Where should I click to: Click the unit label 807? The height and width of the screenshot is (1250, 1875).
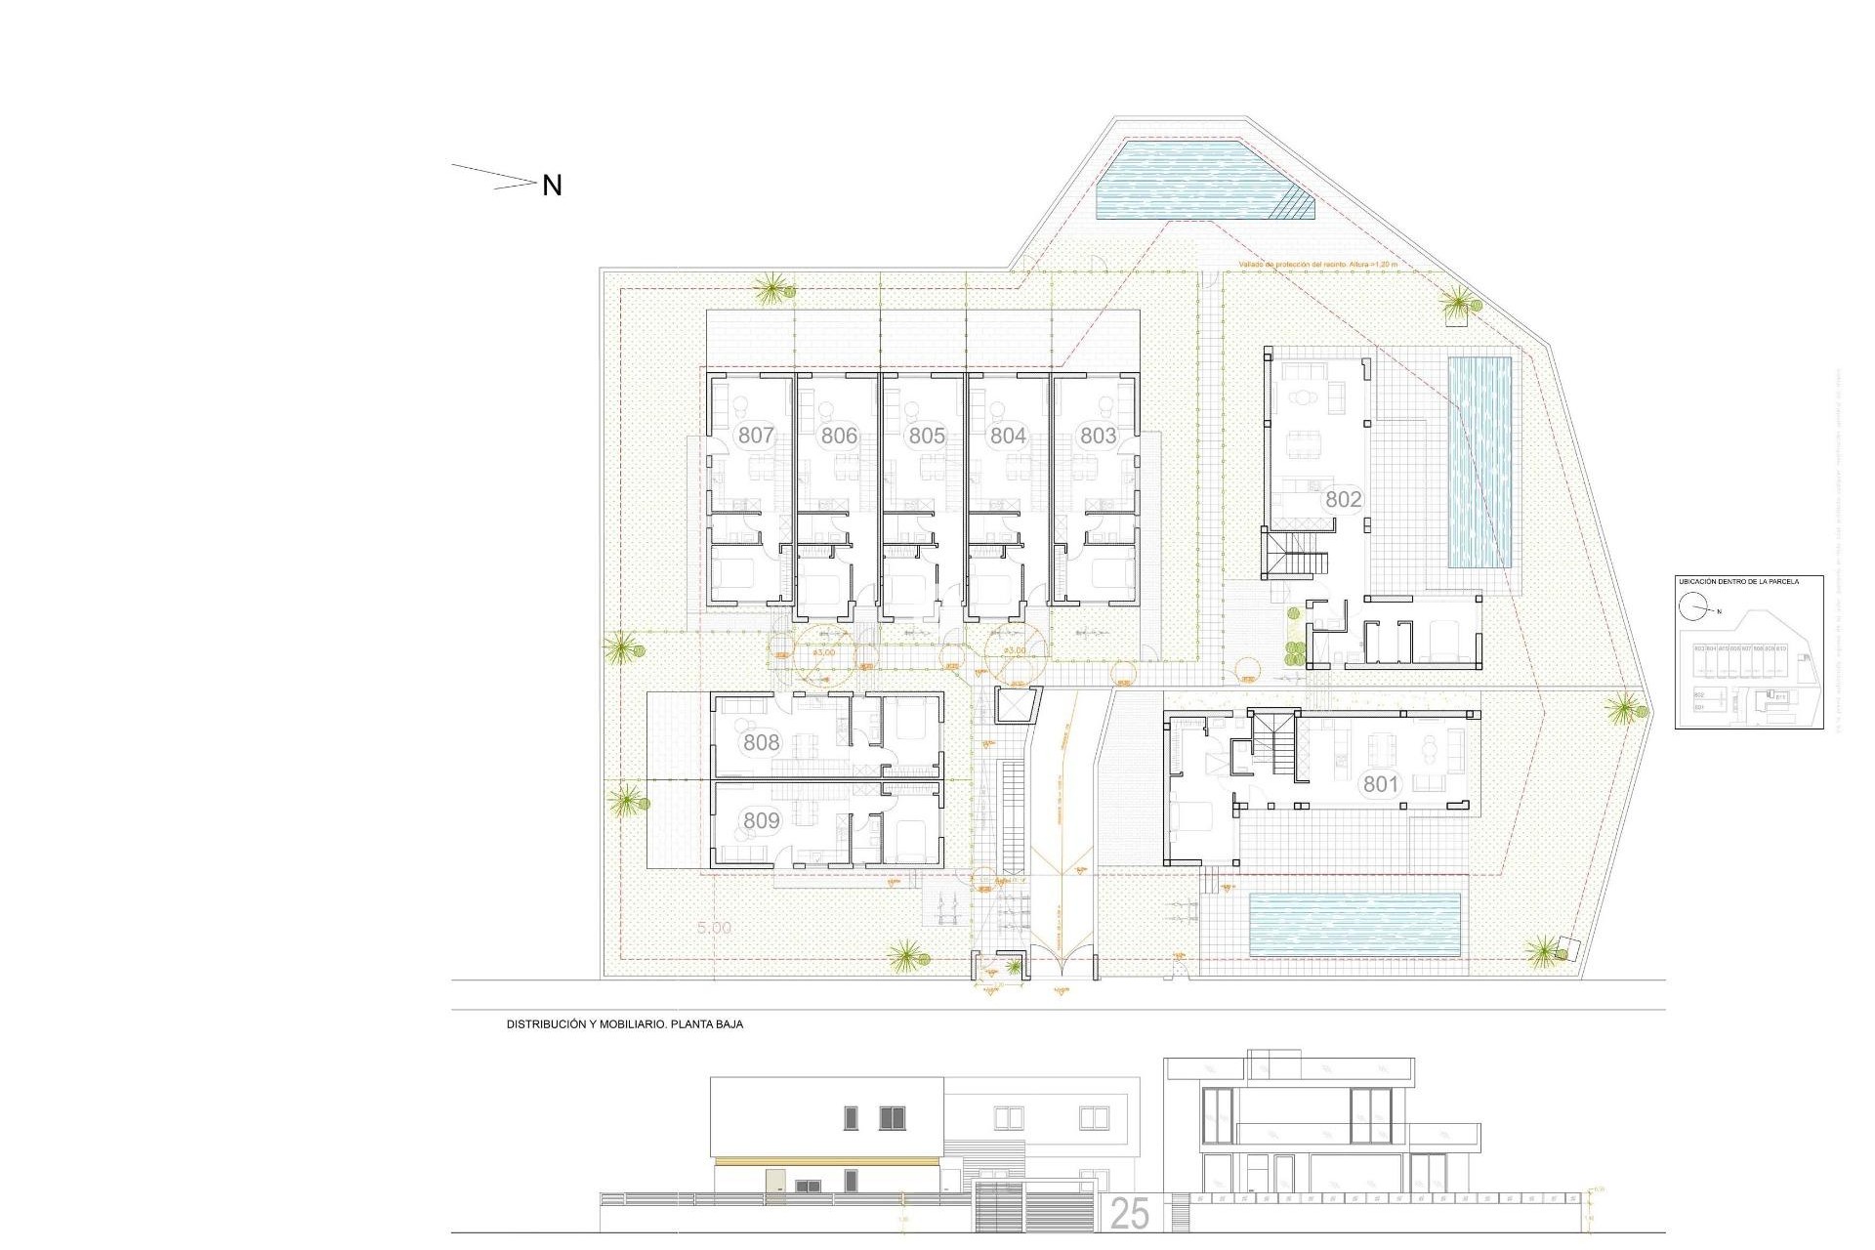pyautogui.click(x=756, y=436)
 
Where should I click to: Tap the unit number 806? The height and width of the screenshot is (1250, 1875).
pyautogui.click(x=839, y=436)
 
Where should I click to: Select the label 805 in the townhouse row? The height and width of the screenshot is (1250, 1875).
pyautogui.click(x=927, y=436)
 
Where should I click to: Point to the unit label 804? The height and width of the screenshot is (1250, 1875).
pyautogui.click(x=1008, y=436)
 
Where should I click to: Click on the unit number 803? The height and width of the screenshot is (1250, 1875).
pyautogui.click(x=1098, y=436)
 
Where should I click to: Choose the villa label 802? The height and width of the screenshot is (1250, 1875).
pyautogui.click(x=1343, y=499)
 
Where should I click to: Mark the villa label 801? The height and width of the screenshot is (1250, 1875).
pyautogui.click(x=1381, y=783)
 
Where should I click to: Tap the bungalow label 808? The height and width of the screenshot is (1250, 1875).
pyautogui.click(x=761, y=742)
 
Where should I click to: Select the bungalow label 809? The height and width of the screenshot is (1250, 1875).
pyautogui.click(x=761, y=820)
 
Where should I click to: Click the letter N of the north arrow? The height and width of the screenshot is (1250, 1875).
pyautogui.click(x=552, y=186)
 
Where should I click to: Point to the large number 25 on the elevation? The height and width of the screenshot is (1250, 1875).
pyautogui.click(x=1130, y=1214)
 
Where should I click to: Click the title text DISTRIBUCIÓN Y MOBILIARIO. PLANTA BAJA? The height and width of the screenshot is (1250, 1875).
pyautogui.click(x=624, y=1024)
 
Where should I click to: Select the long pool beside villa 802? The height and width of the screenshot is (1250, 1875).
pyautogui.click(x=1479, y=463)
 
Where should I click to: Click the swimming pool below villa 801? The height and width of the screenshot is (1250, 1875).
pyautogui.click(x=1354, y=924)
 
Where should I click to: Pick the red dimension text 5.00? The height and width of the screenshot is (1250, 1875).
pyautogui.click(x=714, y=927)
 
